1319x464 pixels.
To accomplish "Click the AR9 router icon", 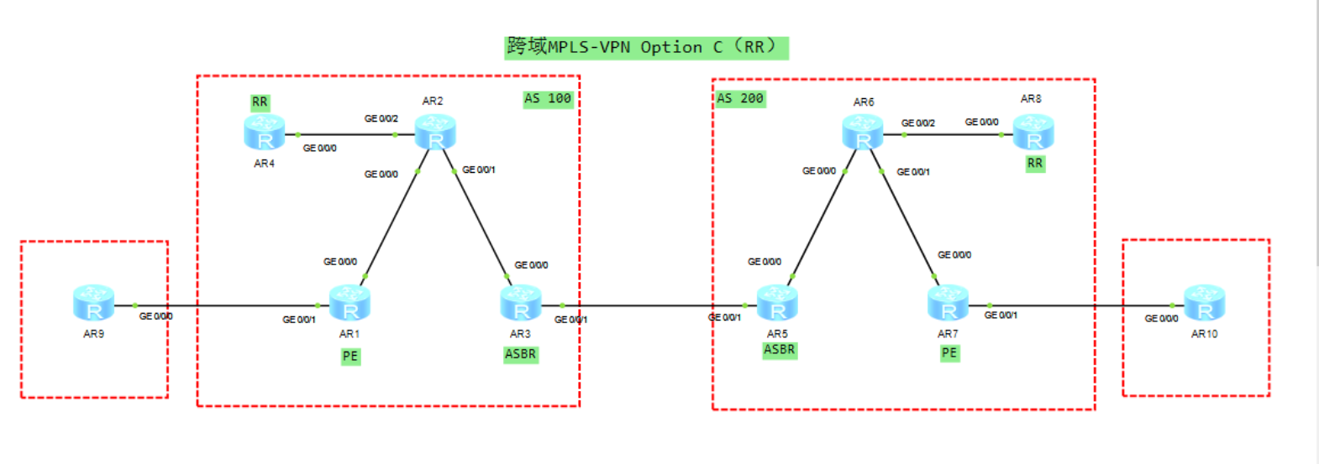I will pyautogui.click(x=93, y=302).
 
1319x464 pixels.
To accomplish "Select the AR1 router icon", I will pyautogui.click(x=349, y=303).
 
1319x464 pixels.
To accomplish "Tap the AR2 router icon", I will pyautogui.click(x=435, y=133).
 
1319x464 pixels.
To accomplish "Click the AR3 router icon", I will pyautogui.click(x=521, y=303).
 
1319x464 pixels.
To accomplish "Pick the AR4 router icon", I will pyautogui.click(x=265, y=133).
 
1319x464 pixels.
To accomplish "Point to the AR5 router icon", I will pyautogui.click(x=777, y=303).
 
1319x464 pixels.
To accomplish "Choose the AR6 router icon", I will pyautogui.click(x=863, y=133).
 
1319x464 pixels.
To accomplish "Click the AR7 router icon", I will pyautogui.click(x=948, y=303).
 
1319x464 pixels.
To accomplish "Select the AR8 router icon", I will pyautogui.click(x=1033, y=133).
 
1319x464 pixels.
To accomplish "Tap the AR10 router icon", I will pyautogui.click(x=1204, y=303).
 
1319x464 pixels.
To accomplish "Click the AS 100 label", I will pyautogui.click(x=548, y=98).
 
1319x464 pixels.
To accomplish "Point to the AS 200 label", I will pyautogui.click(x=740, y=98).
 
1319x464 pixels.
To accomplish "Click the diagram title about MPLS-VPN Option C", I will pyautogui.click(x=646, y=47).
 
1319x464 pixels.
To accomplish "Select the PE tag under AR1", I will pyautogui.click(x=350, y=356).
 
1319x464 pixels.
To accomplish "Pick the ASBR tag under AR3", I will pyautogui.click(x=520, y=354).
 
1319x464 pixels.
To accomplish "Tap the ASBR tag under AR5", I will pyautogui.click(x=779, y=350).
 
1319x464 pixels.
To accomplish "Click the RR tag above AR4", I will pyautogui.click(x=260, y=102).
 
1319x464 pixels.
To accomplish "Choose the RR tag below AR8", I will pyautogui.click(x=1035, y=164).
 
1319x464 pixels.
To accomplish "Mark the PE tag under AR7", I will pyautogui.click(x=949, y=353).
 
